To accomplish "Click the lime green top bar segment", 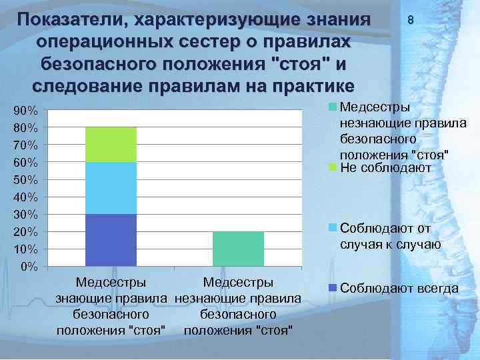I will [111, 144].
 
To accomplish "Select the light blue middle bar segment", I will [111, 188].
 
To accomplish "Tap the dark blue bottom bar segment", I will [111, 240].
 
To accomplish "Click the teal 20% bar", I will [238, 249].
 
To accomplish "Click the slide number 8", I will [411, 21].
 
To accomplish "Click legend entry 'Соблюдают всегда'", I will [399, 289].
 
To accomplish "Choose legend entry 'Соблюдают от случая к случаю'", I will [390, 237].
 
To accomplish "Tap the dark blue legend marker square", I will [333, 288].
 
